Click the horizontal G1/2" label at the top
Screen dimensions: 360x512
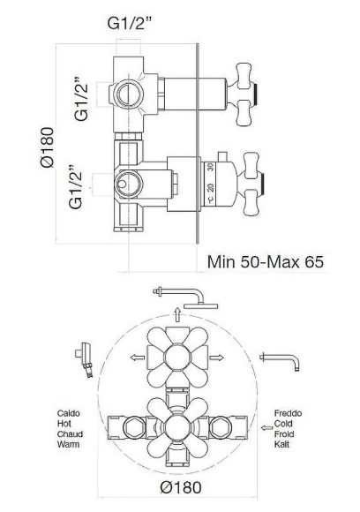pyautogui.click(x=130, y=24)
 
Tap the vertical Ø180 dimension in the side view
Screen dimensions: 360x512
pyautogui.click(x=48, y=147)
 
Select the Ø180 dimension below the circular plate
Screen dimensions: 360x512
pyautogui.click(x=181, y=488)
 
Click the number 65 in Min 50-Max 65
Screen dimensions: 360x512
pyautogui.click(x=314, y=262)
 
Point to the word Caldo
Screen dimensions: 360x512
pyautogui.click(x=69, y=413)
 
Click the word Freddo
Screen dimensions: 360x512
pyautogui.click(x=288, y=413)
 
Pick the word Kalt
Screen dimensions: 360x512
pyautogui.click(x=281, y=444)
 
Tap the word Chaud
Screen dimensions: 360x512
pyautogui.click(x=71, y=434)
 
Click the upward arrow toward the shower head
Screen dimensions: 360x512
pyautogui.click(x=177, y=314)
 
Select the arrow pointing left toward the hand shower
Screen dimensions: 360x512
pyautogui.click(x=138, y=358)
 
